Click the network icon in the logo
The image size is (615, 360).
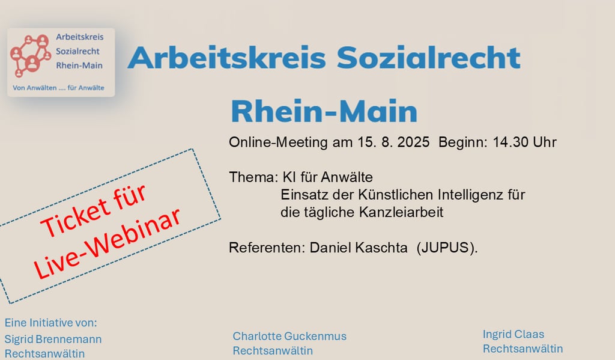point(31,55)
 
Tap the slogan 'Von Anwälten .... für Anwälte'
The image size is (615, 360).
point(58,88)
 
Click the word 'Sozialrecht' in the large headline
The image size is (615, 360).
point(428,57)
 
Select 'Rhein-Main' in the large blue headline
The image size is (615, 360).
point(324,111)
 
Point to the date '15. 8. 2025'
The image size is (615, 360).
point(393,142)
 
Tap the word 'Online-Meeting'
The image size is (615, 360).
point(278,142)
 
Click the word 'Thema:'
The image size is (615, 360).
point(253,177)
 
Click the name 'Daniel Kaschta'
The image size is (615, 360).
point(359,248)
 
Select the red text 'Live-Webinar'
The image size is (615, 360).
point(107,243)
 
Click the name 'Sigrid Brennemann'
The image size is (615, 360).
point(53,339)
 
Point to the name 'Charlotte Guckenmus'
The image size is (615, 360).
point(289,336)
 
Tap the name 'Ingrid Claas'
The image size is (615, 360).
point(514,334)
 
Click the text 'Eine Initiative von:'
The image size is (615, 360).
point(50,323)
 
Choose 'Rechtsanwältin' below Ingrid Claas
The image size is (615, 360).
point(523,349)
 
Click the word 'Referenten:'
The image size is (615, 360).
point(267,248)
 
